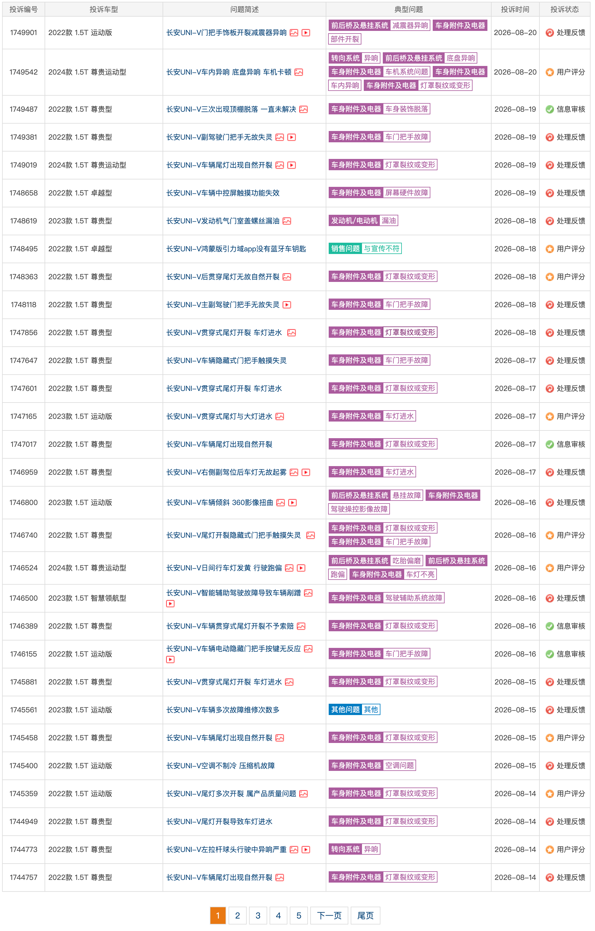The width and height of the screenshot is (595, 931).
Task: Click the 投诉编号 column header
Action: [x=23, y=9]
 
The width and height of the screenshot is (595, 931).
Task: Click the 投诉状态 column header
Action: [x=565, y=9]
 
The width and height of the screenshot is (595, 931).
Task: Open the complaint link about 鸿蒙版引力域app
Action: [x=236, y=249]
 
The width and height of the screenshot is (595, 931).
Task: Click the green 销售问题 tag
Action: [x=345, y=249]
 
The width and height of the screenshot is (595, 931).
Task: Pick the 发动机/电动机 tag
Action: [x=354, y=221]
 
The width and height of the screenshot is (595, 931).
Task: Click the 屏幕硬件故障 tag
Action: [x=407, y=192]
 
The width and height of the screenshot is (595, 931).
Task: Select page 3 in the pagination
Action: [x=258, y=916]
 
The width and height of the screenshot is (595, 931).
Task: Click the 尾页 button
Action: [x=366, y=916]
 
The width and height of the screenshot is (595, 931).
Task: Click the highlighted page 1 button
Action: [x=218, y=916]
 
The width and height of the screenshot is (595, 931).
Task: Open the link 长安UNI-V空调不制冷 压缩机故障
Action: [x=221, y=766]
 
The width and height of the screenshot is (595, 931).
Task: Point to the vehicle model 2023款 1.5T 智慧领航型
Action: [x=87, y=598]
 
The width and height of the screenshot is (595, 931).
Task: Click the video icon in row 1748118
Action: [x=287, y=305]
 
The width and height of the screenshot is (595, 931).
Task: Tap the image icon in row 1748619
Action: [x=287, y=221]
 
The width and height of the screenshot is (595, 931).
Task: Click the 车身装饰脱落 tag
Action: [x=407, y=109]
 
